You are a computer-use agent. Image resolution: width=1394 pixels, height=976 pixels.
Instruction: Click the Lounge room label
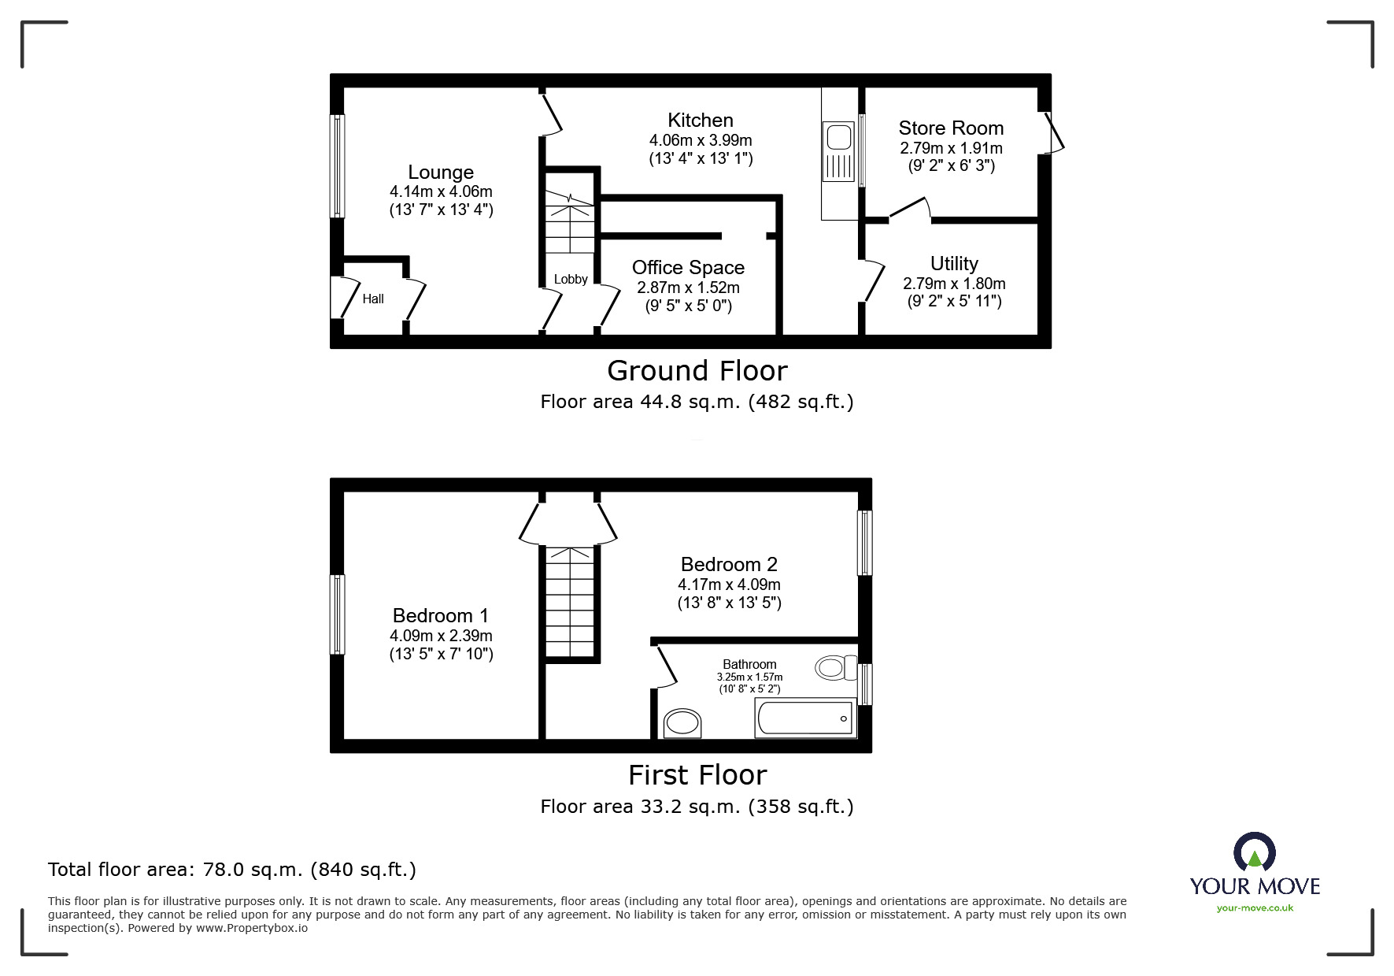pos(441,173)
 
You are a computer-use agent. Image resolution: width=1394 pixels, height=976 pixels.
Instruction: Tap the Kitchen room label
pos(701,121)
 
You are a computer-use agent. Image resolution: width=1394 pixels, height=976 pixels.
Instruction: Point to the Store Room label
pos(951,128)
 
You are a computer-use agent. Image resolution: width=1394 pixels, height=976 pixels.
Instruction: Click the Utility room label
pos(954,264)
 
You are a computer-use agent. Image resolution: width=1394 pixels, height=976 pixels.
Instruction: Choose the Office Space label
pos(688,268)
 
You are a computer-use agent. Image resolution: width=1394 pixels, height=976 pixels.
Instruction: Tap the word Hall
pos(373,299)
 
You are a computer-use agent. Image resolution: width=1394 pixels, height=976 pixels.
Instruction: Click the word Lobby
pos(571,279)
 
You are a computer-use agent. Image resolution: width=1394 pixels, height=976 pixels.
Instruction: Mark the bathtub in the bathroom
pos(805,718)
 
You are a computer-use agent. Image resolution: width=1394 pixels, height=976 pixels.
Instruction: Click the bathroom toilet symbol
pos(835,668)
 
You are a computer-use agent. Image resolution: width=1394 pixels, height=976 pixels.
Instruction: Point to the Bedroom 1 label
pos(441,616)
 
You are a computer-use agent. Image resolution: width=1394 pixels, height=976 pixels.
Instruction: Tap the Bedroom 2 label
pos(729,565)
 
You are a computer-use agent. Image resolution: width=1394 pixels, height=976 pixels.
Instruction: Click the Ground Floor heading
pos(697,371)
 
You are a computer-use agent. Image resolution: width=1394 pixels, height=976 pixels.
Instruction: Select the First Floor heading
pos(697,775)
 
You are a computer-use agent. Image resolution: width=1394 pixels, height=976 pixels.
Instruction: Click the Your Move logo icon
pos(1254,852)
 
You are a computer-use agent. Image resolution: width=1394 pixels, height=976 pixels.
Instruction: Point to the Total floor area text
pos(232,870)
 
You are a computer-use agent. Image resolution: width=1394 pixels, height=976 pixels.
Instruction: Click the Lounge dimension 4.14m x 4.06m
pos(441,191)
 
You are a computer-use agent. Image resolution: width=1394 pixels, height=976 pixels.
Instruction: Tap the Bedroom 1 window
pos(337,614)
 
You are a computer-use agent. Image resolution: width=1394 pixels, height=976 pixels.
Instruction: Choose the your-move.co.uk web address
pos(1255,908)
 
